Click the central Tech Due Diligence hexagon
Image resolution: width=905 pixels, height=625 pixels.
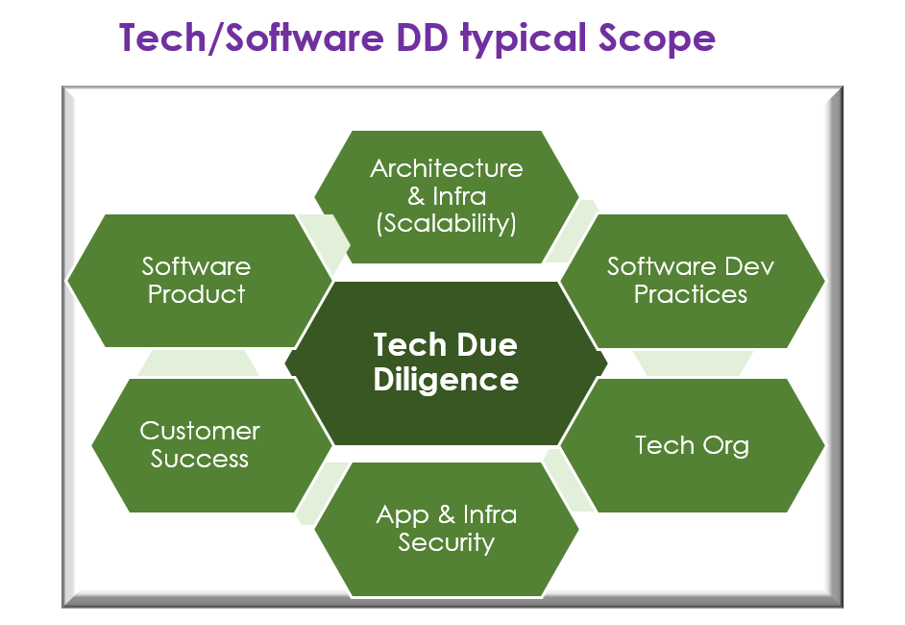[446, 362]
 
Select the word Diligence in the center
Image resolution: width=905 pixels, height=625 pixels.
[446, 379]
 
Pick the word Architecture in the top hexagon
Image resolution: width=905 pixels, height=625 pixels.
[447, 168]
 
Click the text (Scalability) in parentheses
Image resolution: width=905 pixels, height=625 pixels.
[447, 224]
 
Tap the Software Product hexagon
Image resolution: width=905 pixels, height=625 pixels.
[196, 280]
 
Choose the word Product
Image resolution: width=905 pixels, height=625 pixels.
[196, 294]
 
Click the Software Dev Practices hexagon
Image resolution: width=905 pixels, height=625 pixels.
[691, 280]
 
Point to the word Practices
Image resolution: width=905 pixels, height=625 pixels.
[691, 294]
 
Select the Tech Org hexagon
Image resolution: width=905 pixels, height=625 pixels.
[692, 445]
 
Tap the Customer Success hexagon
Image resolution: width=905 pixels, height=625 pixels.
[200, 444]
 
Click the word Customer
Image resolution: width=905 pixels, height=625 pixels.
[200, 431]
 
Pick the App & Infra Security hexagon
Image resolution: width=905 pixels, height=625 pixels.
[446, 528]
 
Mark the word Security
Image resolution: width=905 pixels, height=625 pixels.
[446, 542]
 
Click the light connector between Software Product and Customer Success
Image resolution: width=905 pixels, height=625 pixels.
[198, 362]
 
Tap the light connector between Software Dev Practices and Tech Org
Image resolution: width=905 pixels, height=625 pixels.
[693, 362]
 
